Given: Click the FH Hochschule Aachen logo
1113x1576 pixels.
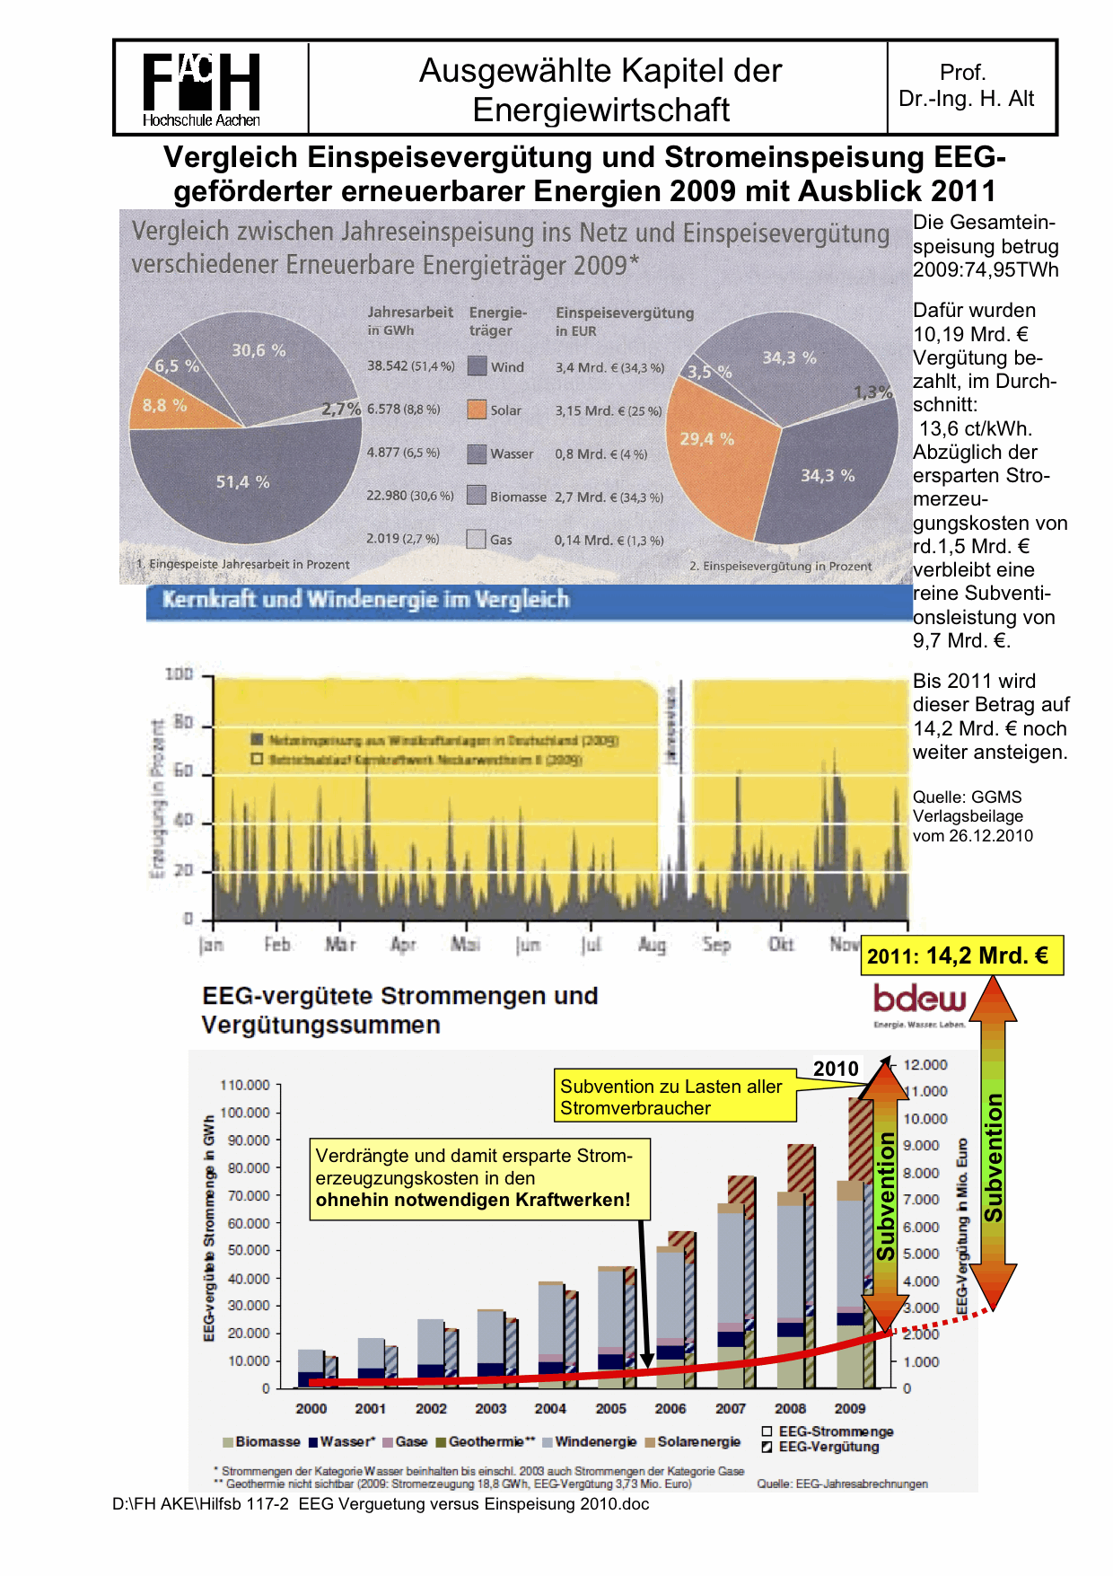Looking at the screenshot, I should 201,89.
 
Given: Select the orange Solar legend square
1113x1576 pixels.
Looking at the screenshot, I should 477,410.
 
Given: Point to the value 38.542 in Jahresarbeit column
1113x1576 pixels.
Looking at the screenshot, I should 387,366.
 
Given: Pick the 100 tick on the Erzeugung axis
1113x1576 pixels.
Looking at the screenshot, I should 180,674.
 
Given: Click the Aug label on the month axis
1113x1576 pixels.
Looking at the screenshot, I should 652,945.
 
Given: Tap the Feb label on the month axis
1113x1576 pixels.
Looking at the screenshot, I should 276,945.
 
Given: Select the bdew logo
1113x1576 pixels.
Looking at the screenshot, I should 919,1004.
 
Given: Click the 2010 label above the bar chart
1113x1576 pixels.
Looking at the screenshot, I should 836,1069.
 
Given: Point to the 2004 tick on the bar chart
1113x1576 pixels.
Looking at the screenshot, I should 550,1409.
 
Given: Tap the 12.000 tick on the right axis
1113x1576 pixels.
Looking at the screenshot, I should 925,1065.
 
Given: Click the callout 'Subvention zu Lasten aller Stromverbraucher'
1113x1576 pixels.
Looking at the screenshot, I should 674,1096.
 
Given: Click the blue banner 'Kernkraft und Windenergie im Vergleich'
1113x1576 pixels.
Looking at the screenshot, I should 529,601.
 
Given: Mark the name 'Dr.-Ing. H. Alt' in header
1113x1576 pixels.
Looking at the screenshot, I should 966,99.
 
